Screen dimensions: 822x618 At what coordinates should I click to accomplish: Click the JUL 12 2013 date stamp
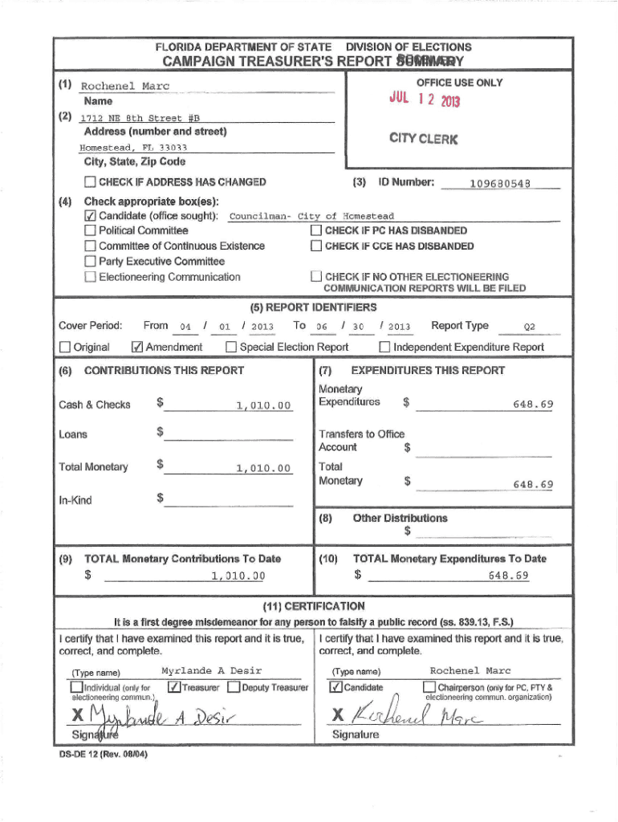pos(425,99)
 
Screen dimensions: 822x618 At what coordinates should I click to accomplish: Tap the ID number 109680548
pos(501,183)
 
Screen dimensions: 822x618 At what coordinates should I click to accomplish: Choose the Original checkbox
pos(65,347)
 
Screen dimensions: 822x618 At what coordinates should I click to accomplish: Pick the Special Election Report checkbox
pos(231,347)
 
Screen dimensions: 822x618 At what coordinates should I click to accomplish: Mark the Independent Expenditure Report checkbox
pos(384,347)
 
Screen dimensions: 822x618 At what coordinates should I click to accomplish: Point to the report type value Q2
pos(529,327)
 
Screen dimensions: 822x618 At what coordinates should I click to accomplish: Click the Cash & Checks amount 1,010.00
pos(262,405)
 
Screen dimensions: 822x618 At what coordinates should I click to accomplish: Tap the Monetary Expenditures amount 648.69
pos(533,405)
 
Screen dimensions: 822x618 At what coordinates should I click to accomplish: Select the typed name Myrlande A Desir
pos(212,670)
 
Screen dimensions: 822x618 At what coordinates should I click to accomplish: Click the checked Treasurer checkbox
pos(173,687)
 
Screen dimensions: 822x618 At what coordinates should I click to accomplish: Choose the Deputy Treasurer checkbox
pos(234,687)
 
